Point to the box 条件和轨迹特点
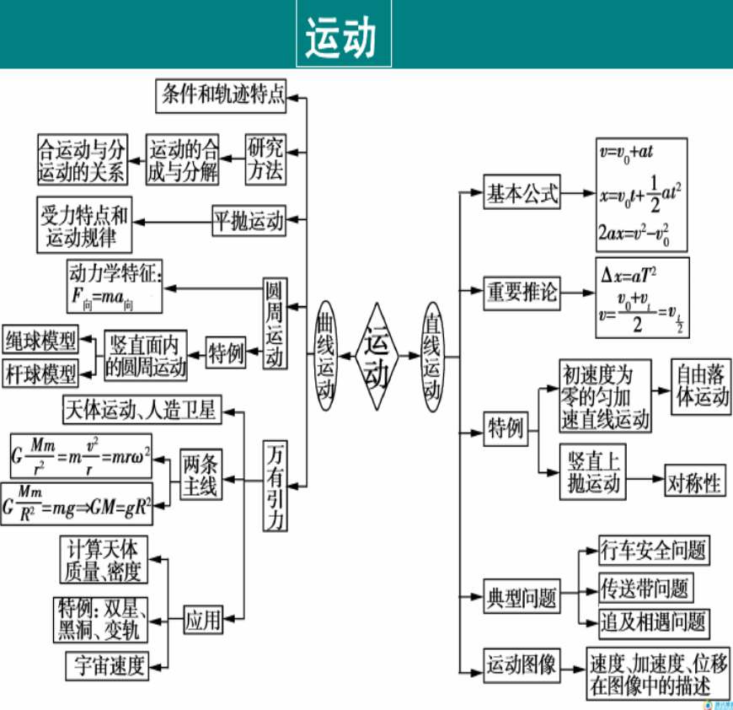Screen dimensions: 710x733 click(222, 95)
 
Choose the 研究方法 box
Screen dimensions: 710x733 click(265, 159)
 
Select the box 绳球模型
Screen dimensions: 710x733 click(40, 340)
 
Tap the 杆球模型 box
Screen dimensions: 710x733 click(40, 371)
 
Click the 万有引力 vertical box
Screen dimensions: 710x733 click(274, 486)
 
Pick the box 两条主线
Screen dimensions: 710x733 click(199, 476)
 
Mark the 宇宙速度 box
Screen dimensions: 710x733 click(107, 666)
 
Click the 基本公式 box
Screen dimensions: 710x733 click(522, 195)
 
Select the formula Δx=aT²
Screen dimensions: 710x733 click(629, 273)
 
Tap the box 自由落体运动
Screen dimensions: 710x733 click(700, 387)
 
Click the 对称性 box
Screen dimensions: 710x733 click(694, 482)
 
